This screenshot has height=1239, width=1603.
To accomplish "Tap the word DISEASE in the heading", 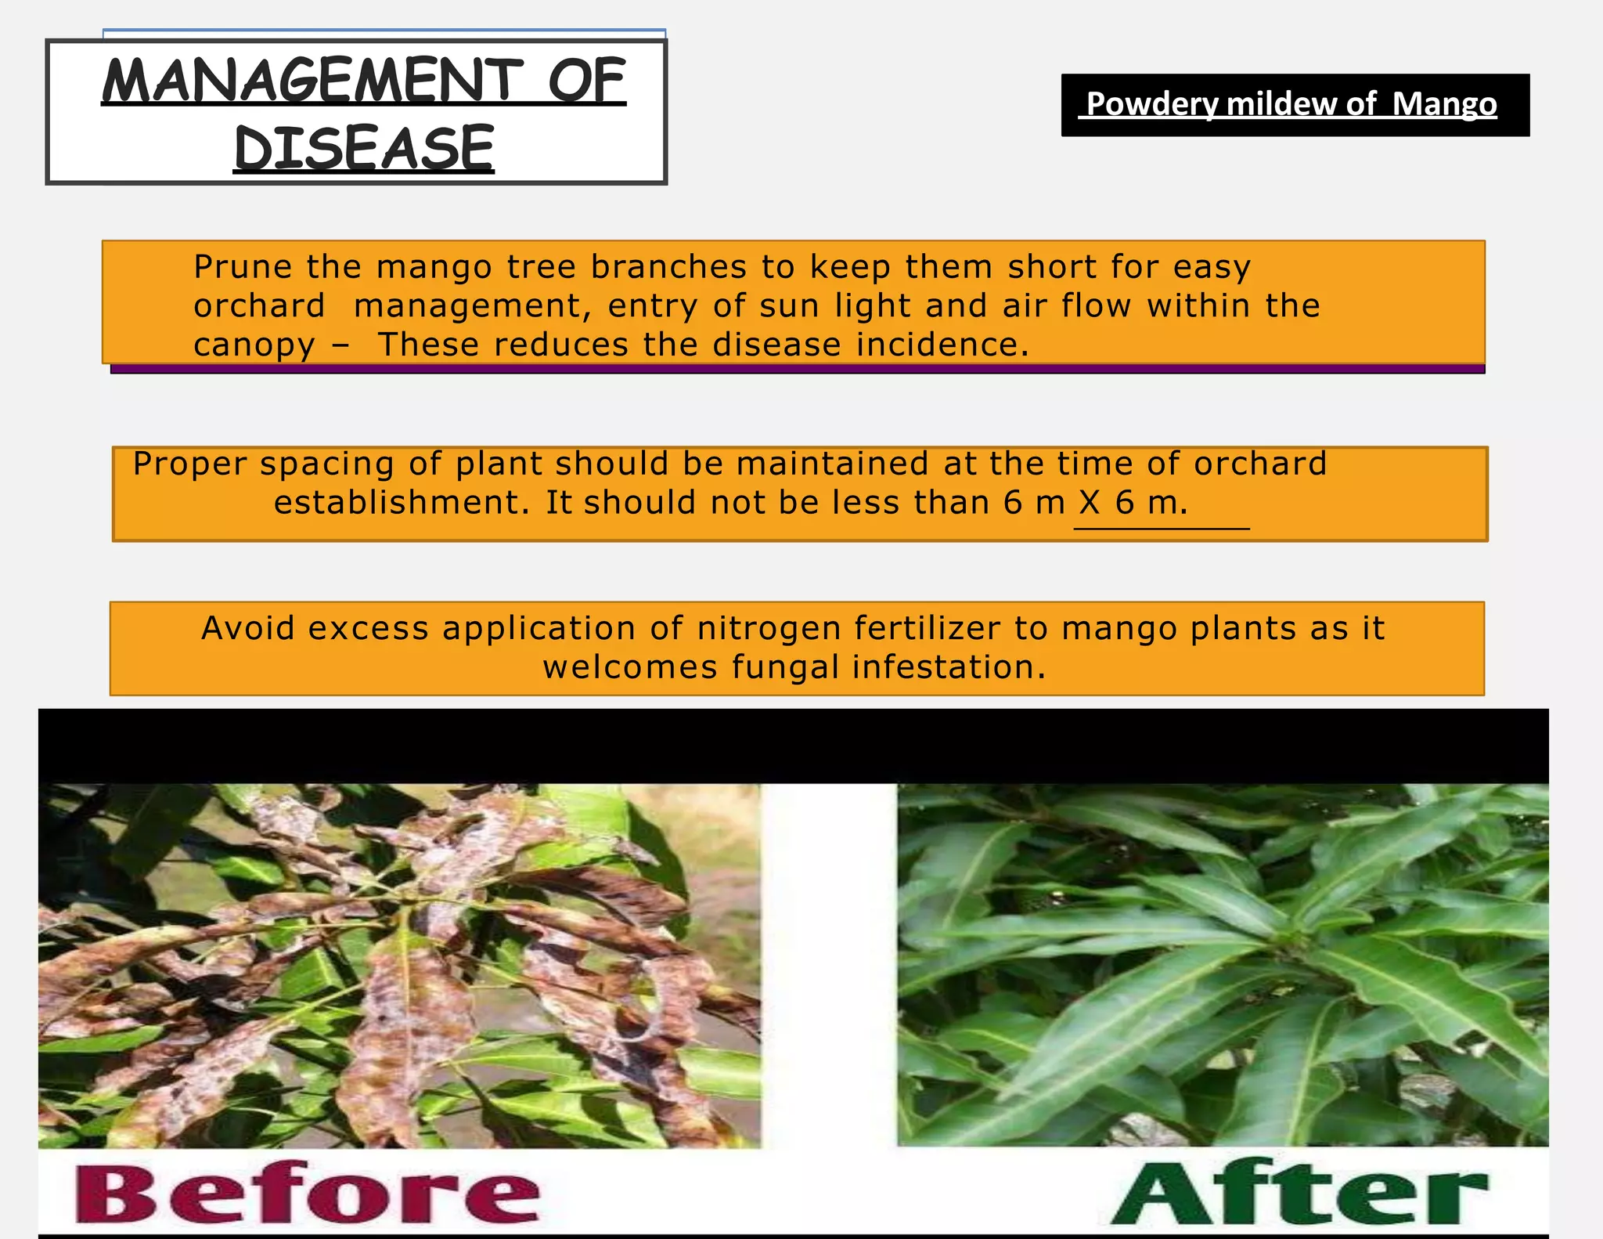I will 364,149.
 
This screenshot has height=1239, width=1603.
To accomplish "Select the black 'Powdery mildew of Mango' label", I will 1295,105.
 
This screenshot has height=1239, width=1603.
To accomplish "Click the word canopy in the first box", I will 254,345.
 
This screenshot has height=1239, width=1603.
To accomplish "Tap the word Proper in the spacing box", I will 190,464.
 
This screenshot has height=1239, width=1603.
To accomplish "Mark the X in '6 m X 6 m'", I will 1090,502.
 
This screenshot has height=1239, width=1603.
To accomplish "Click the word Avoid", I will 247,628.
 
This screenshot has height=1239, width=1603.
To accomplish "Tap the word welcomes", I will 630,667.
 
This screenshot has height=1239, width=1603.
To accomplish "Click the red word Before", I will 308,1194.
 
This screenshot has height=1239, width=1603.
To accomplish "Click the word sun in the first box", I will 789,306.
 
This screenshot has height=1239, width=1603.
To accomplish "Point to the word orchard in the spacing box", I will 1259,464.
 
